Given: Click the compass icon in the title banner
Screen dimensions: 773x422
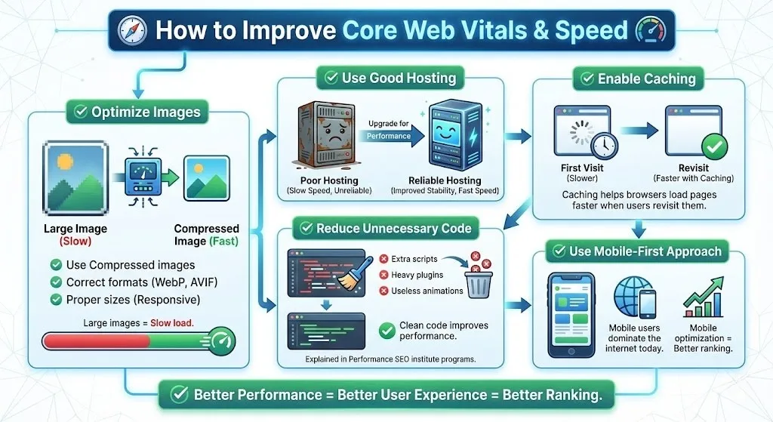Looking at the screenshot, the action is pos(132,30).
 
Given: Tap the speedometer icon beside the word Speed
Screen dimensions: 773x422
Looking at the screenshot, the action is pos(651,30).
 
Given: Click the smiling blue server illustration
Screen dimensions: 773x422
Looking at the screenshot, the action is pos(454,135).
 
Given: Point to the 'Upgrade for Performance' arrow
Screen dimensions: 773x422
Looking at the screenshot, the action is pos(394,136).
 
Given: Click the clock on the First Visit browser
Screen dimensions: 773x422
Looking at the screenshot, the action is pos(603,145).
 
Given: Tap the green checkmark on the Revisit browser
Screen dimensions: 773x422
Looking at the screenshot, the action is pos(714,146).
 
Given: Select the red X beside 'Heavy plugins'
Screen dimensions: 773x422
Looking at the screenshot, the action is pos(383,275).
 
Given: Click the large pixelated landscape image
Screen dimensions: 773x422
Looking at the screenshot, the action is pos(75,178).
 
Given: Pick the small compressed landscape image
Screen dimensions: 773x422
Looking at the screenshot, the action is pos(207,178).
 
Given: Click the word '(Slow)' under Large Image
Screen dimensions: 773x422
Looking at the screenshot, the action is pos(75,241).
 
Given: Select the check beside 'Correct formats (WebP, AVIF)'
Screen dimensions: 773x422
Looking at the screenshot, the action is pos(56,282).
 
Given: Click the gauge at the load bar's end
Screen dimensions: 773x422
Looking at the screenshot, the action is pos(221,340).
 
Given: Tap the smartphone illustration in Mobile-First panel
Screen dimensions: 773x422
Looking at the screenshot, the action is pos(571,316).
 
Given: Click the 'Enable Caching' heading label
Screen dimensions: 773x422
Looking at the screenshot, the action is pos(639,79).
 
